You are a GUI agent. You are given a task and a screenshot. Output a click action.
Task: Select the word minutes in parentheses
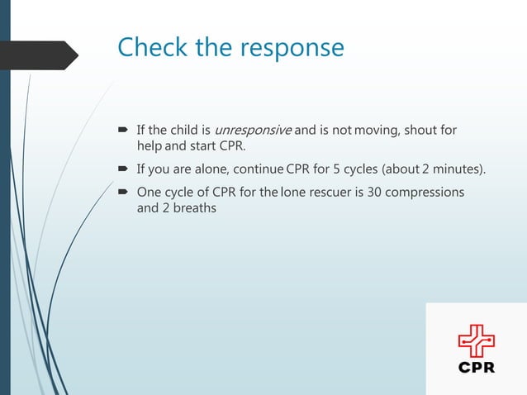pos(457,170)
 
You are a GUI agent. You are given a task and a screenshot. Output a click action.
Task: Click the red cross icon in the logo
pos(477,340)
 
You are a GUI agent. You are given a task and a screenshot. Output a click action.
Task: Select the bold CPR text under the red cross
pos(477,367)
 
